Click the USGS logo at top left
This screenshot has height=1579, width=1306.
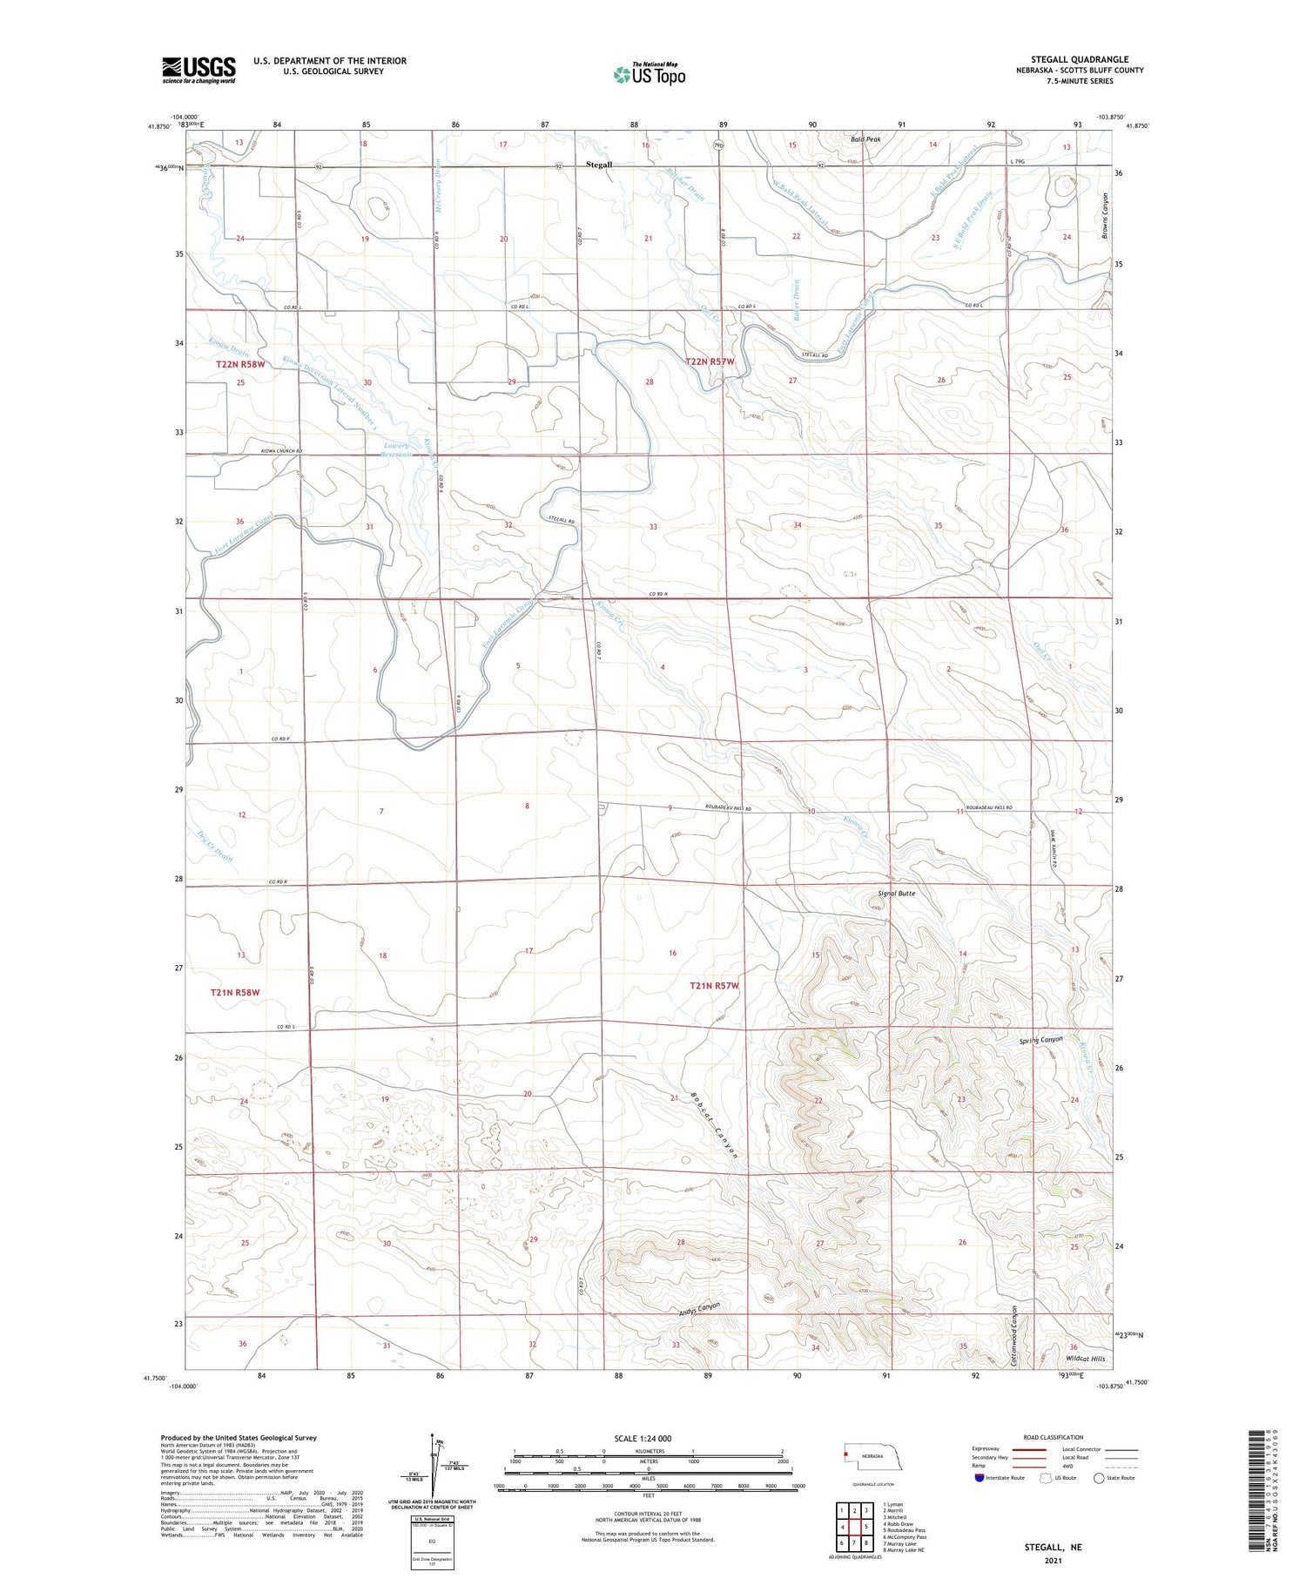[x=199, y=70]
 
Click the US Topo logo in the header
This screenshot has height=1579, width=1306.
[x=649, y=75]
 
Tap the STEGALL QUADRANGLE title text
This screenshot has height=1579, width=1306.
[x=1080, y=60]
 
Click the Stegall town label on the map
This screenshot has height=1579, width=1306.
[x=599, y=165]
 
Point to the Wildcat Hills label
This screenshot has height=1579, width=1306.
[x=1085, y=1359]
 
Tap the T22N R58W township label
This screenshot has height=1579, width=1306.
[x=239, y=364]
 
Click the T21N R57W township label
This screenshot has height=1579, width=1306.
[x=714, y=986]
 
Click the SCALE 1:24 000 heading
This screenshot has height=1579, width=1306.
[x=643, y=1438]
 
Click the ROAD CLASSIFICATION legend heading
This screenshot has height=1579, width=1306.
[x=1053, y=1437]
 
